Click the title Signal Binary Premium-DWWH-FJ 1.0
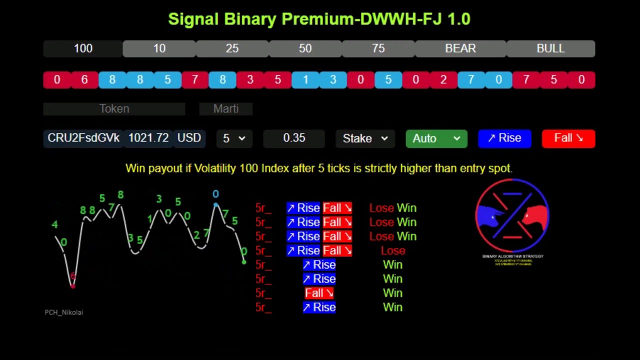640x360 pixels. click(x=319, y=19)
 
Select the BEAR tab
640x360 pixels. click(x=460, y=48)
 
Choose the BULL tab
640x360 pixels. click(x=550, y=48)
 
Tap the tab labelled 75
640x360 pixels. click(x=378, y=48)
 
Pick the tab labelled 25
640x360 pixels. click(x=232, y=48)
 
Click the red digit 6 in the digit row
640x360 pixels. click(x=84, y=80)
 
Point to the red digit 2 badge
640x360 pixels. click(x=443, y=80)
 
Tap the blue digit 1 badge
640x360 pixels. click(x=305, y=80)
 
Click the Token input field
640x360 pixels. click(x=114, y=109)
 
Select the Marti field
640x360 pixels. click(x=226, y=109)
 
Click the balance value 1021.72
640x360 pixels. click(x=148, y=138)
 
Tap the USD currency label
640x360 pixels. click(x=189, y=138)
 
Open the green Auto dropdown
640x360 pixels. click(x=436, y=138)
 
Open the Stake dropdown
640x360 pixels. click(x=365, y=138)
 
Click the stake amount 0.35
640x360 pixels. click(x=294, y=138)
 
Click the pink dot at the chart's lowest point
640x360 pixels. click(x=73, y=285)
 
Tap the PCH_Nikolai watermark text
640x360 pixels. click(x=64, y=312)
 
